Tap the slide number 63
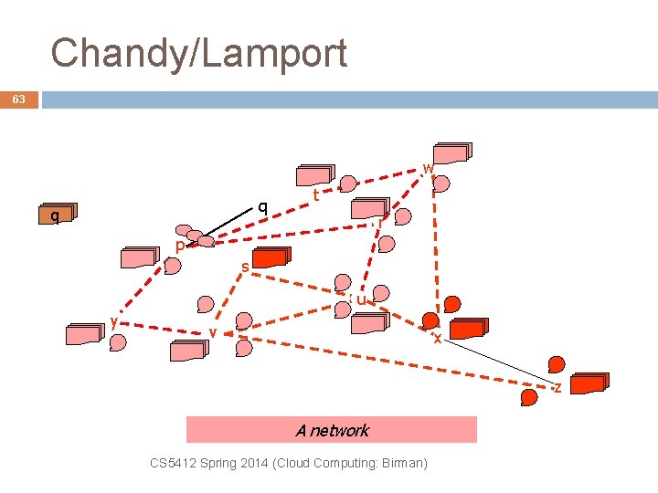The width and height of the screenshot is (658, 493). (x=19, y=100)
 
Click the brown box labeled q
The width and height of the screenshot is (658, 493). (x=56, y=216)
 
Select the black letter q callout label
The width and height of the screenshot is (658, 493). (x=262, y=206)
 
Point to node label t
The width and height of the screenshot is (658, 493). (x=315, y=194)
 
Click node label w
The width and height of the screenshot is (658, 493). (x=428, y=168)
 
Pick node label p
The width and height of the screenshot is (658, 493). (x=180, y=246)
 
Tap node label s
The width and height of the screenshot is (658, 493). (x=245, y=267)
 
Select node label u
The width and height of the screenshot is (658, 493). (x=361, y=299)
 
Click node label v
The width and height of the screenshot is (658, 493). (x=212, y=330)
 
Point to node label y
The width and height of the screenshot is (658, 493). (x=112, y=320)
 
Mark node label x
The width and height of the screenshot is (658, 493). (x=438, y=338)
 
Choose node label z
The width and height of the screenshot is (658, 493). (x=557, y=388)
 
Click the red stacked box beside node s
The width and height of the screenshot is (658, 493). (x=272, y=258)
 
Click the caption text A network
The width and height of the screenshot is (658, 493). (x=332, y=430)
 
